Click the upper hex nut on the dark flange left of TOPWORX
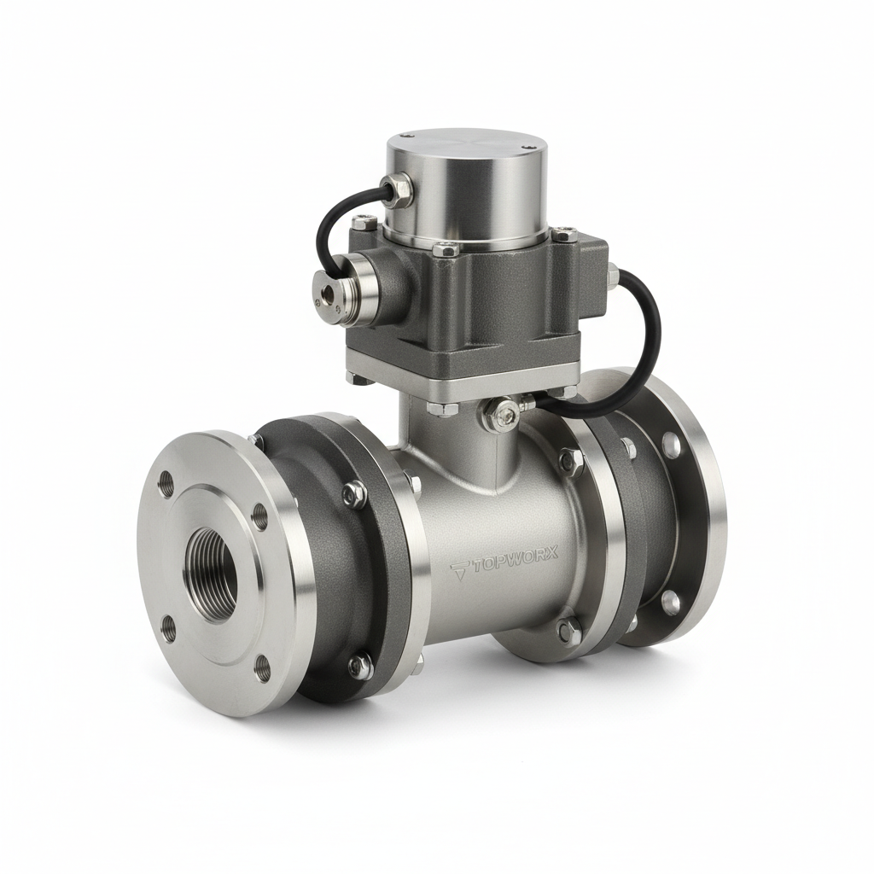(x=353, y=493)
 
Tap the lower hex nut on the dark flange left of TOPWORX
(x=360, y=663)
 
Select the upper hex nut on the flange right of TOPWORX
(x=569, y=461)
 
